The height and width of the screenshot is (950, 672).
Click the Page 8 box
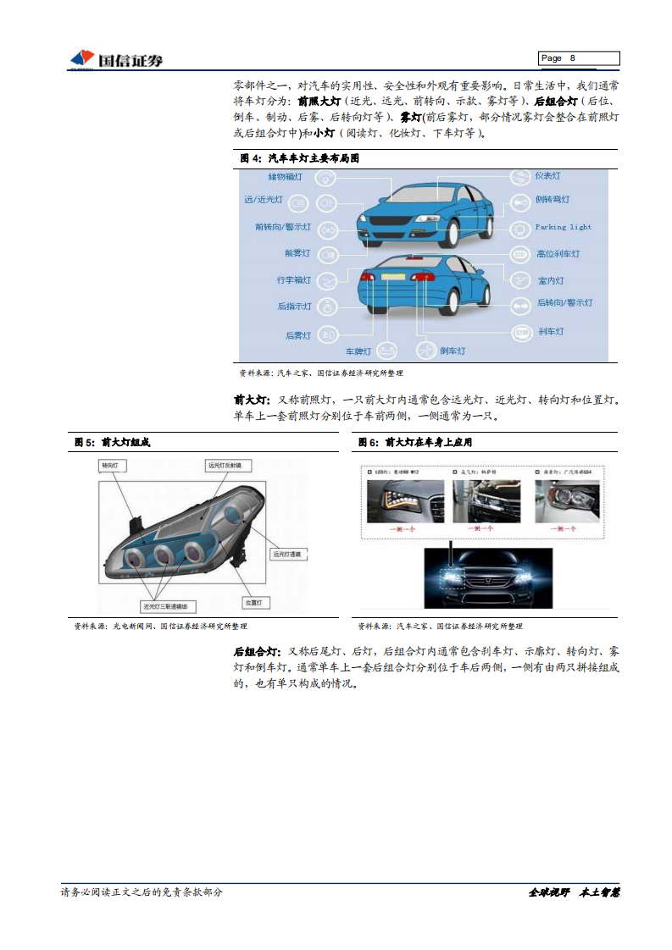pos(579,58)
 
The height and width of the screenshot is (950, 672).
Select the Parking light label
pos(563,227)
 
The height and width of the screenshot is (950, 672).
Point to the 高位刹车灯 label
pos(558,253)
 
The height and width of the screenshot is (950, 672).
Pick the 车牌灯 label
pos(358,350)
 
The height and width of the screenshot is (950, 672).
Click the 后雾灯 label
pos(297,335)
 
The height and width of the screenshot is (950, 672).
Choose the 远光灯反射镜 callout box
pos(229,466)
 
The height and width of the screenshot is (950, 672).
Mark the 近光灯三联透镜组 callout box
pos(169,607)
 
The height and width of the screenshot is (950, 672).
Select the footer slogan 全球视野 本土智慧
pos(575,892)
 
